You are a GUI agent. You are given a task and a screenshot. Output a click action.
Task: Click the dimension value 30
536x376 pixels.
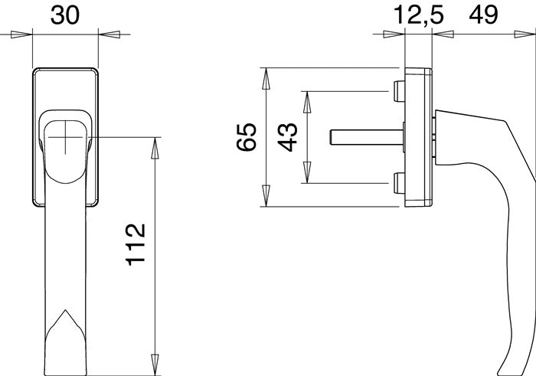[x=65, y=15]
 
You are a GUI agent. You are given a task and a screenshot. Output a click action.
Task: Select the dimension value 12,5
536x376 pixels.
[x=419, y=15]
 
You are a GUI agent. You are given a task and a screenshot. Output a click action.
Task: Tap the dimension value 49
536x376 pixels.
[x=483, y=15]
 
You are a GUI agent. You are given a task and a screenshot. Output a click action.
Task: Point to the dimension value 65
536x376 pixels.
[x=247, y=137]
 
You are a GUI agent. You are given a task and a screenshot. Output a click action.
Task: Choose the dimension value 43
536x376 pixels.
[x=287, y=137]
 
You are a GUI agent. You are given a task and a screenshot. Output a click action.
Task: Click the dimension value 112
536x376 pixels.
[x=136, y=245]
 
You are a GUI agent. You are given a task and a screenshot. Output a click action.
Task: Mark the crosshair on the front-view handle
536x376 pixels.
[x=65, y=137]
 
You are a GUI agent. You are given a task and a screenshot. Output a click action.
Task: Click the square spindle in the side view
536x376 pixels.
[x=367, y=137]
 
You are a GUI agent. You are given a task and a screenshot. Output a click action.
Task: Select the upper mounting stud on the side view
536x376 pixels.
[x=399, y=91]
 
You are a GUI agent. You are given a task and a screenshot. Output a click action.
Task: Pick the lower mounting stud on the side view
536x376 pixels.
[x=399, y=183]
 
